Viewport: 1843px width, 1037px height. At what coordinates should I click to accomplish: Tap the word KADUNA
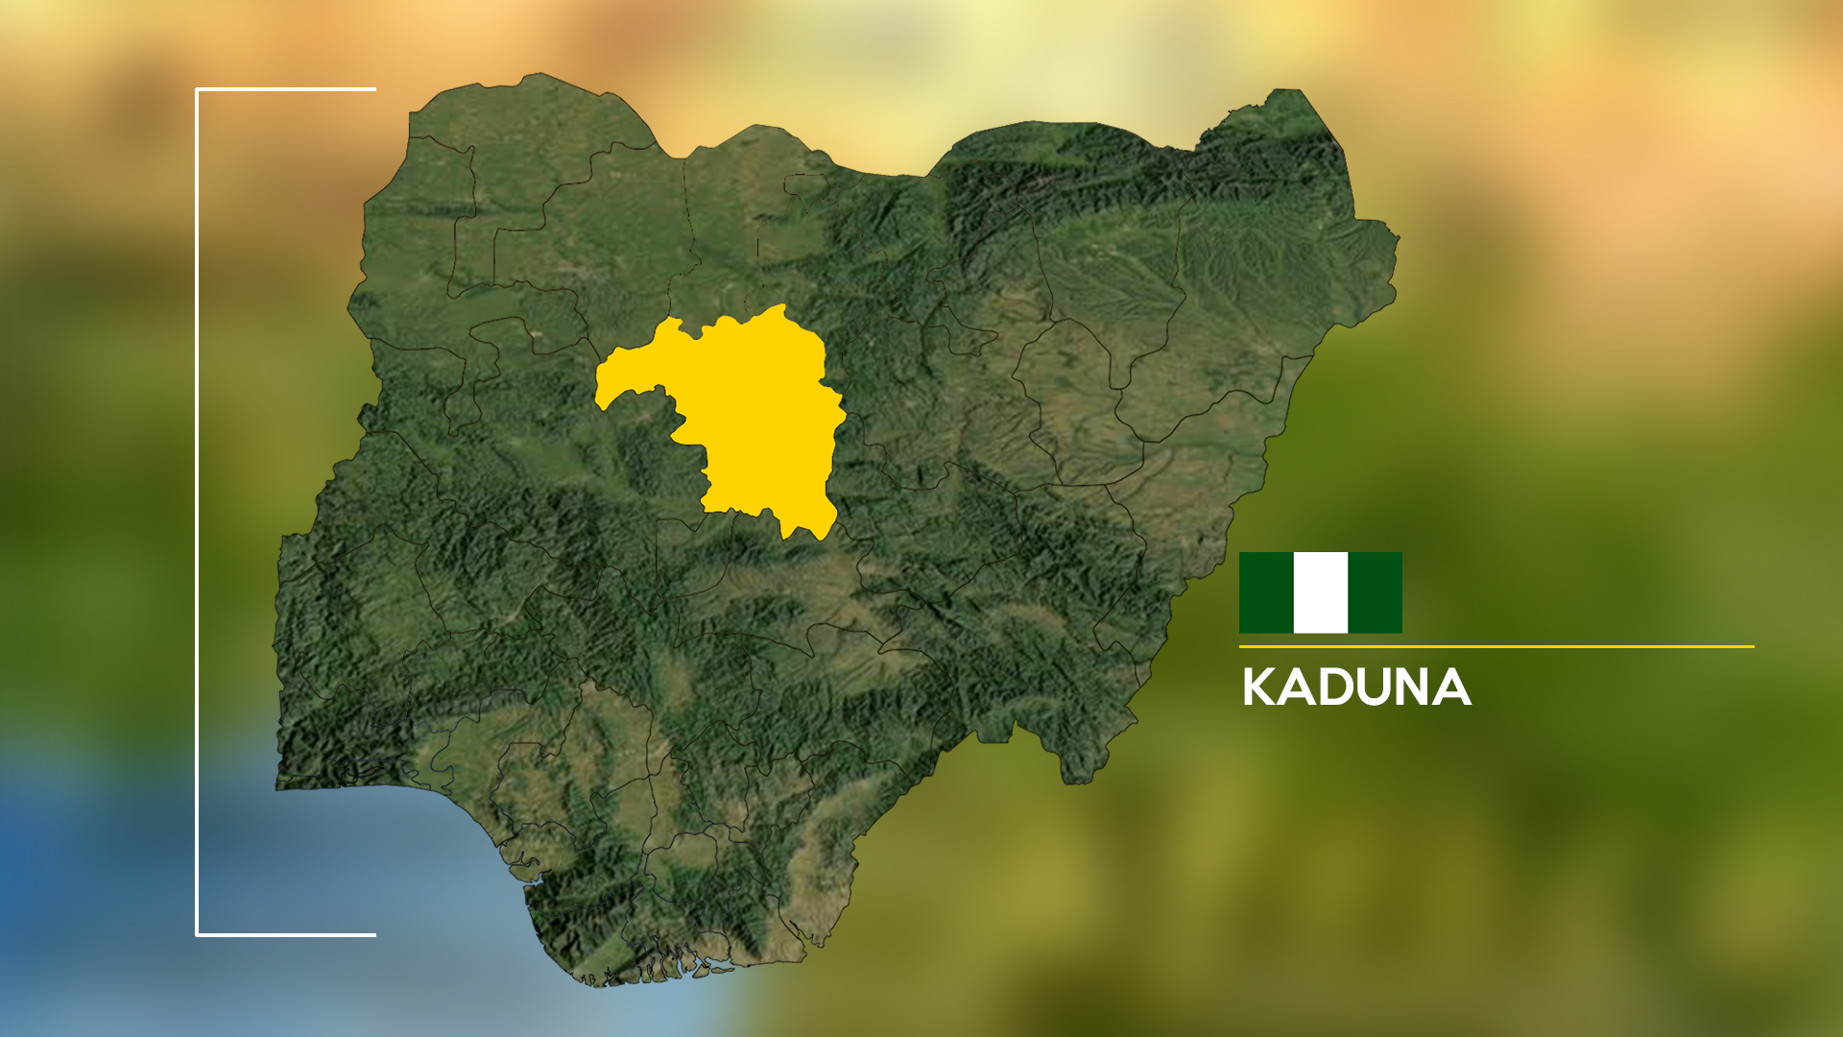(x=1355, y=687)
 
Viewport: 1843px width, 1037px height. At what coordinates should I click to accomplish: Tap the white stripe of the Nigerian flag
(x=1321, y=592)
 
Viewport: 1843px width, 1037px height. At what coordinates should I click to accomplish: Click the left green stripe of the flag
(x=1266, y=592)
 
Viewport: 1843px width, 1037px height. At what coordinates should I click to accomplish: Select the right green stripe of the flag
(x=1375, y=592)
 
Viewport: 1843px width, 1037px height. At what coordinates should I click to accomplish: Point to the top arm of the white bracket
(x=288, y=89)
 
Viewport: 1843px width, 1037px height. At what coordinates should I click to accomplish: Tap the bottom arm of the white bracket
(x=288, y=934)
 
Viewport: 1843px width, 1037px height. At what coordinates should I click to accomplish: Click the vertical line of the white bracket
(x=197, y=509)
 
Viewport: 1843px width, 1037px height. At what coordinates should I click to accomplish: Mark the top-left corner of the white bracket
(x=197, y=89)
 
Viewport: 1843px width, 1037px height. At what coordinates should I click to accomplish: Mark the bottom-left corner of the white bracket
(x=197, y=934)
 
